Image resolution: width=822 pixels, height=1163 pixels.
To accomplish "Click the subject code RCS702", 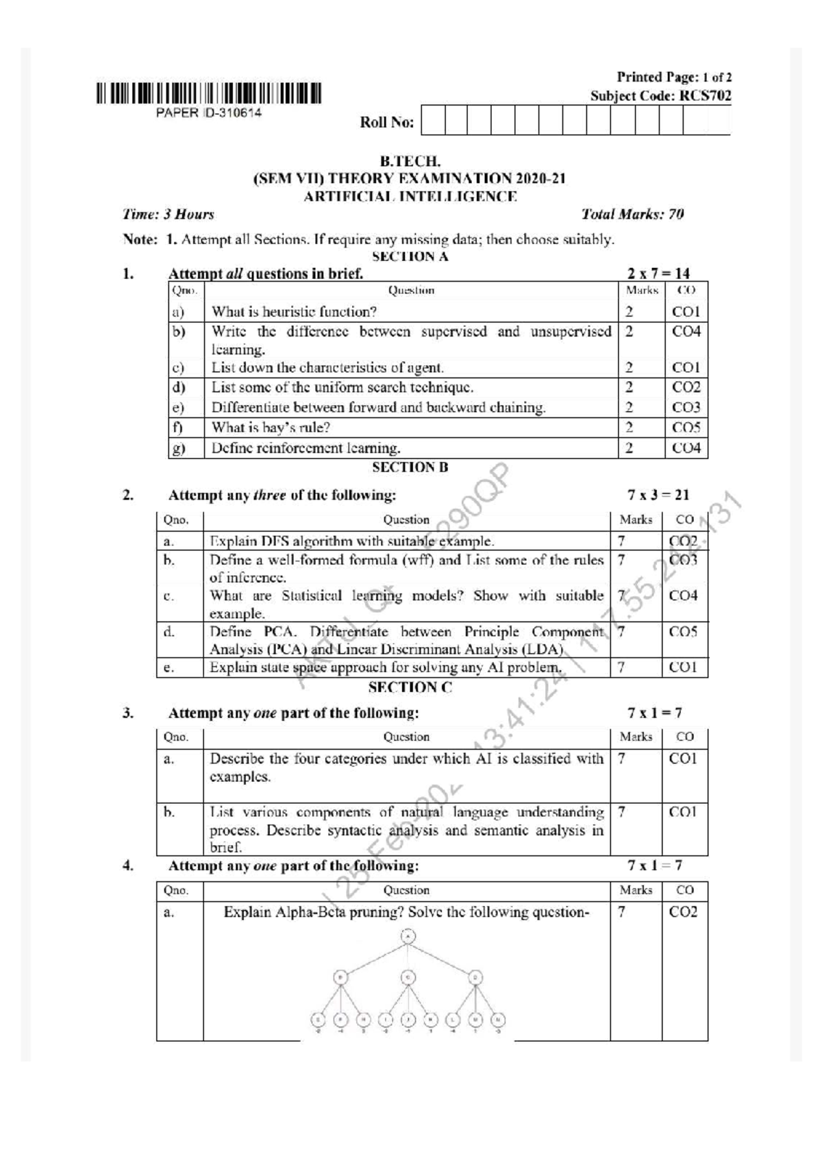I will [x=705, y=96].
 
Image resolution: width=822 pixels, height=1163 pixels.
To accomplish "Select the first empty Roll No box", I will [x=433, y=120].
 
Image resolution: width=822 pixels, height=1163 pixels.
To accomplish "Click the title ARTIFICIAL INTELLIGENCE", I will [x=410, y=197].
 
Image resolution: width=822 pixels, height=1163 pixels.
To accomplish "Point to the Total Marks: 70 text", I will [x=632, y=215].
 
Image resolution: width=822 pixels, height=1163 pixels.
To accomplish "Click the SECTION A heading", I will [x=410, y=256].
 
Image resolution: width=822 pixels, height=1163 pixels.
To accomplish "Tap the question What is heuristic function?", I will [x=294, y=312].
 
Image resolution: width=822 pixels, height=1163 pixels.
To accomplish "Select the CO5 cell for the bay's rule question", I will [x=686, y=428].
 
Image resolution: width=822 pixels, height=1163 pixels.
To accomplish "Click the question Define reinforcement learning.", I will [x=306, y=448].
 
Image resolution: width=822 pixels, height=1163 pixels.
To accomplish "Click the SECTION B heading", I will [x=410, y=467].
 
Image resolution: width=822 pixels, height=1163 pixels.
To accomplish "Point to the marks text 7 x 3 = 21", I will [x=658, y=495].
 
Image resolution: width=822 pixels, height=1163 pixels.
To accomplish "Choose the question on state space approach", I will [x=386, y=668].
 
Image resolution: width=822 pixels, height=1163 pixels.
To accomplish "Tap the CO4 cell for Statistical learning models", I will [x=683, y=596].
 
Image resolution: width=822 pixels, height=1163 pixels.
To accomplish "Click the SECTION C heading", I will [x=410, y=687].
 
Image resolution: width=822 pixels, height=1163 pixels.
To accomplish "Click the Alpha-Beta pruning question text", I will [x=406, y=912].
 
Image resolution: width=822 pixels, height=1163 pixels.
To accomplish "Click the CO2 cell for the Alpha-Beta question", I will [x=683, y=912].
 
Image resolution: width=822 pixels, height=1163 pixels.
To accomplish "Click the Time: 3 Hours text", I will [x=169, y=215].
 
